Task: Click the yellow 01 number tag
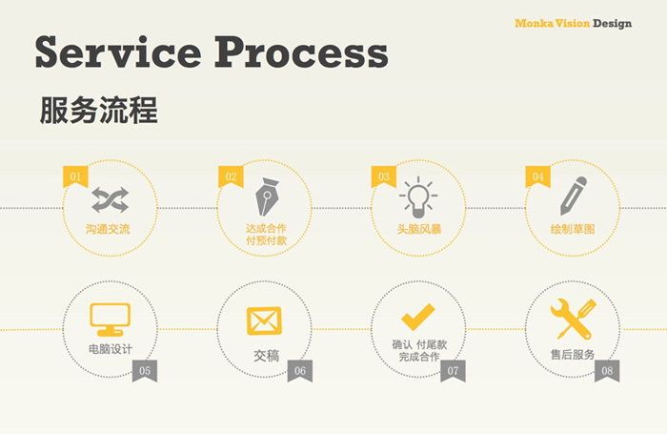75,176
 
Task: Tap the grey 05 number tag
145,370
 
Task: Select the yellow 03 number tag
384,176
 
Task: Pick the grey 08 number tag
607,370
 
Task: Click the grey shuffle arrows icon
111,199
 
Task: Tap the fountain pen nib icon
266,196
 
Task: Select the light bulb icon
418,196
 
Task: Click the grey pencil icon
573,196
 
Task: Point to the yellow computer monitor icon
111,320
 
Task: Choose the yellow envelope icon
264,320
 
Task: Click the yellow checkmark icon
418,317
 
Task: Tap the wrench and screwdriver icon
573,319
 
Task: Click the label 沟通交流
108,229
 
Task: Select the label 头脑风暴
419,229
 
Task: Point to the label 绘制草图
573,229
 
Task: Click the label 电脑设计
111,349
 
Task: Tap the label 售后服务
573,355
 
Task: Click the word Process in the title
301,52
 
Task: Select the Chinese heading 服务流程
98,111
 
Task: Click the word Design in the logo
612,24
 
